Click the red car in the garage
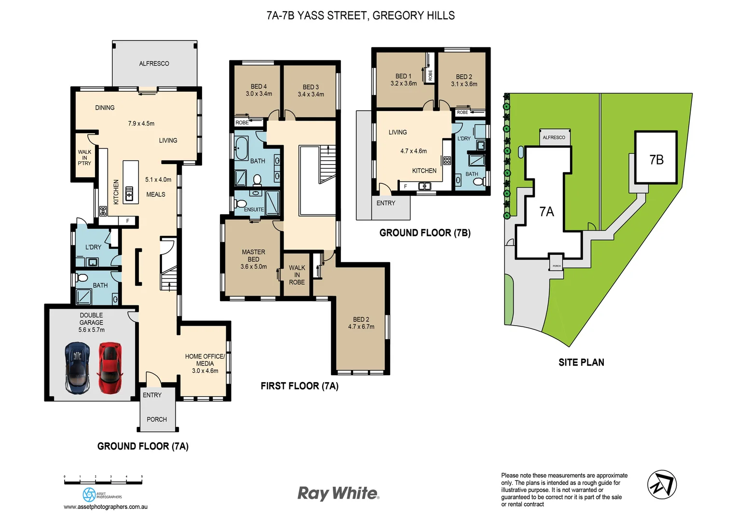110,368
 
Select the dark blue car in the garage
78,368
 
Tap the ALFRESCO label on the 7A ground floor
154,64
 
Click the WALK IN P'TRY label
84,158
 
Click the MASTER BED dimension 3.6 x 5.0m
254,267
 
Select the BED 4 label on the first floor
259,87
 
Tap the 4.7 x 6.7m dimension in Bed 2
361,327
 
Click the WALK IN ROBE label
297,275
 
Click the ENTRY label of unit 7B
386,203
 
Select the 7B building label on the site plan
656,160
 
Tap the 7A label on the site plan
546,212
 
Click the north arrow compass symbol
662,484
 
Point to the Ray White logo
339,493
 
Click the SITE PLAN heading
581,362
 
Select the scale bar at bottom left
103,480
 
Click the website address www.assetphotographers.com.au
106,507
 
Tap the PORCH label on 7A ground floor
157,420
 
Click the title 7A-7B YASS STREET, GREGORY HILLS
361,15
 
